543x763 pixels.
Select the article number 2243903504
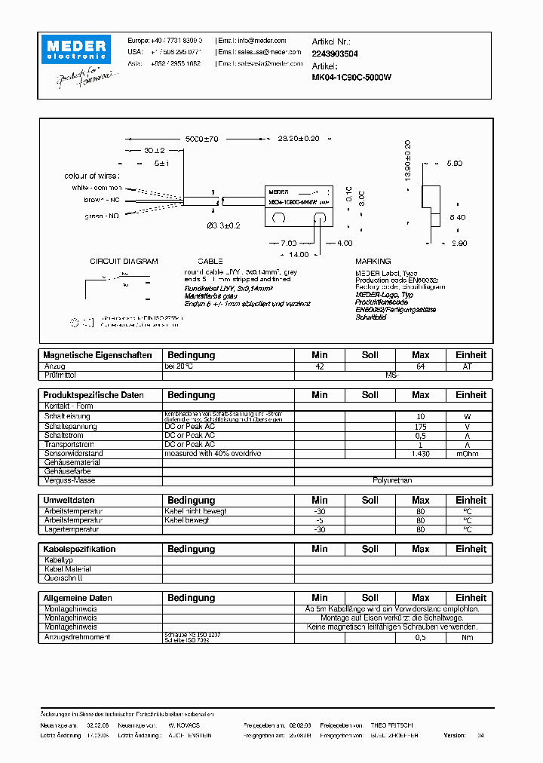tap(335, 54)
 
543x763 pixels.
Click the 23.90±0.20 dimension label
tap(299, 139)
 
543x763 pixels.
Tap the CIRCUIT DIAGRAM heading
tap(124, 262)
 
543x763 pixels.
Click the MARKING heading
tap(373, 262)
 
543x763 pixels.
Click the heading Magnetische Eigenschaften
tap(98, 355)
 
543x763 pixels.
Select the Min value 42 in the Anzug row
tap(320, 366)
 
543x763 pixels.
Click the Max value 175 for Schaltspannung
tap(420, 426)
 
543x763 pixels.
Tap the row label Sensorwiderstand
tap(73, 454)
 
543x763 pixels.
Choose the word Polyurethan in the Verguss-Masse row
tap(392, 480)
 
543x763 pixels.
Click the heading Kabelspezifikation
tap(80, 550)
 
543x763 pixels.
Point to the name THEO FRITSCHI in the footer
tap(391, 725)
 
